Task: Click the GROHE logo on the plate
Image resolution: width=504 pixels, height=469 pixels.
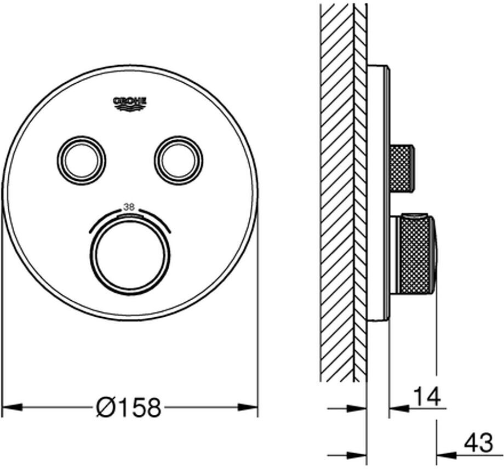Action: [x=130, y=104]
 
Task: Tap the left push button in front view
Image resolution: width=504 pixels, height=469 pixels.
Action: [x=82, y=161]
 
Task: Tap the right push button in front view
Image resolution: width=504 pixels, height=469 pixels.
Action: [x=179, y=161]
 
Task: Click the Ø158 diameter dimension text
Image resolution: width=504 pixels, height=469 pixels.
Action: [x=129, y=408]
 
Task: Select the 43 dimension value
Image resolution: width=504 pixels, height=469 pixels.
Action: [x=478, y=443]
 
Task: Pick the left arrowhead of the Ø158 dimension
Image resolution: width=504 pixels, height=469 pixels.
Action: [x=12, y=408]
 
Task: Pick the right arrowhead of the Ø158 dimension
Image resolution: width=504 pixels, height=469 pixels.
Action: [x=248, y=408]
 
